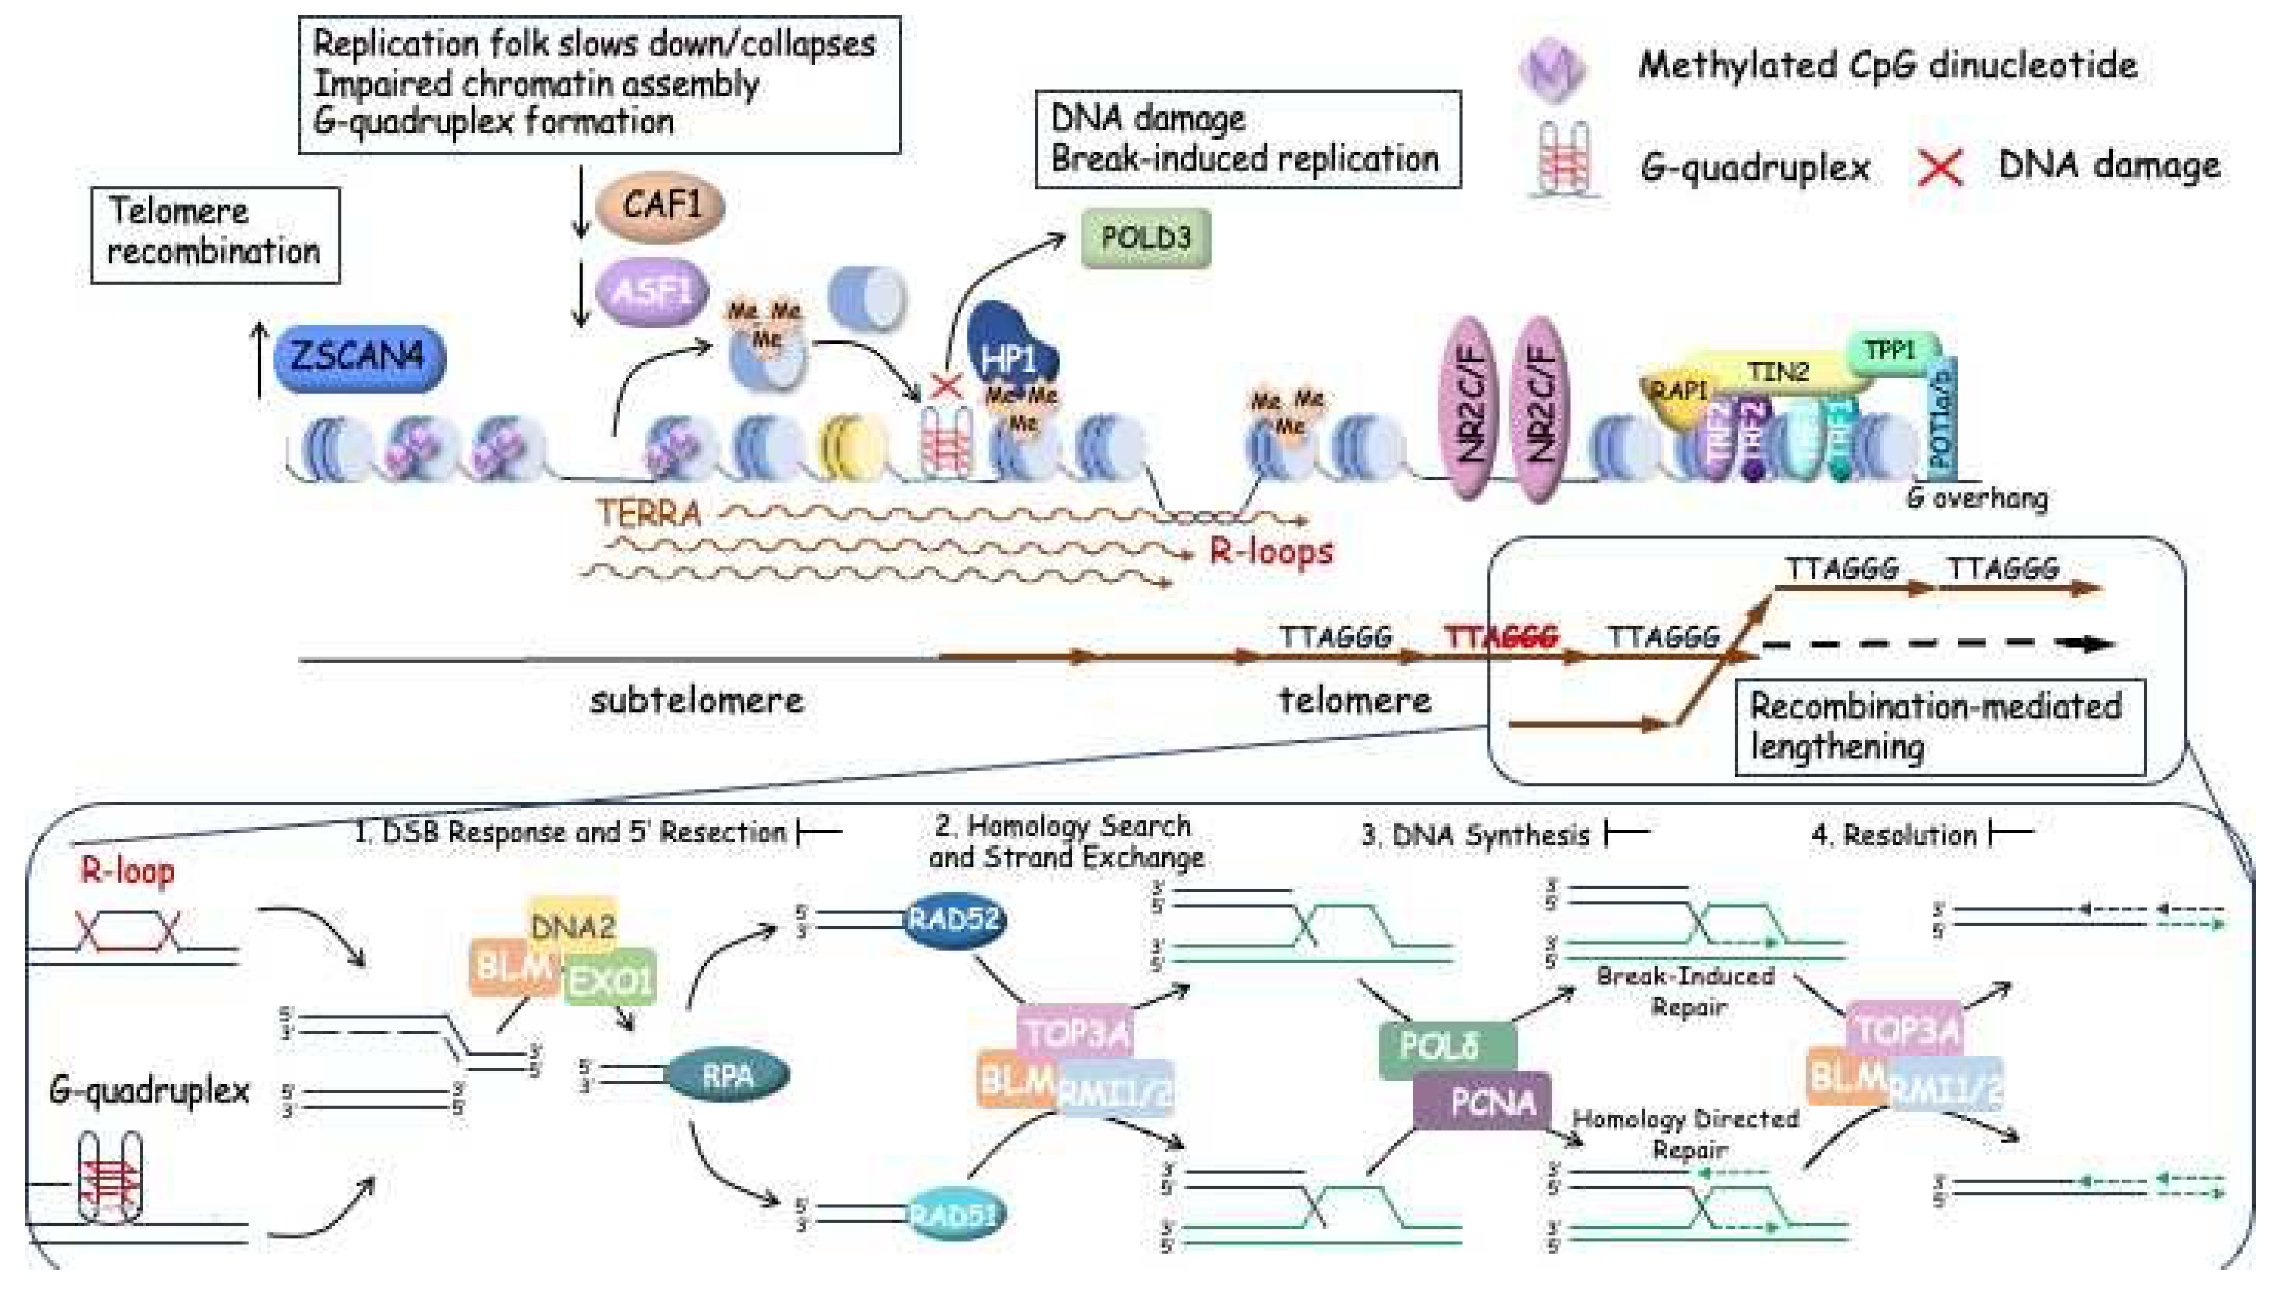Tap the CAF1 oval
[x=660, y=206]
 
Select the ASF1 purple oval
[x=651, y=290]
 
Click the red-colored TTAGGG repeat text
[x=1501, y=636]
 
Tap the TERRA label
[x=648, y=513]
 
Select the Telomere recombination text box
[x=215, y=235]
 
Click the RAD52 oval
[x=952, y=919]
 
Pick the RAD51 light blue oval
[x=952, y=1215]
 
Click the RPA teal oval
[x=727, y=1074]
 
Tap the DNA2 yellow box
[x=572, y=925]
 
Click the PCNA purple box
[x=1492, y=1102]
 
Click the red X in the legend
[x=1940, y=168]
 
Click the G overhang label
[x=1976, y=497]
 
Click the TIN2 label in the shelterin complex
[x=1777, y=371]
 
